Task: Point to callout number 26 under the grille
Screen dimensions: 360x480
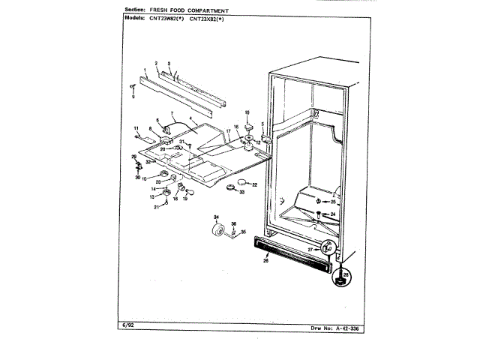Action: pos(265,261)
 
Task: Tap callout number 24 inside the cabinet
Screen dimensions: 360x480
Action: pos(334,215)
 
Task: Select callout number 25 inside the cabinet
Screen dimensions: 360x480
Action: pos(334,202)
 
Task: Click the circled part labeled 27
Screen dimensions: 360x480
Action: pos(327,248)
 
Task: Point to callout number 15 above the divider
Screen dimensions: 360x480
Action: pos(247,112)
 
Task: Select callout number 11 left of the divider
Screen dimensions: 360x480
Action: pos(137,127)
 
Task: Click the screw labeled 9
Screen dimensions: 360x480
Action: pos(133,87)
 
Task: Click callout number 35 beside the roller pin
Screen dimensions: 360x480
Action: pos(242,232)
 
